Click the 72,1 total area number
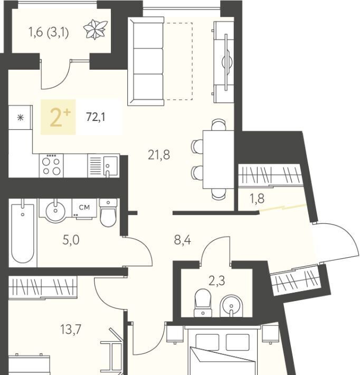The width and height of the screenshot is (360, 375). [96, 117]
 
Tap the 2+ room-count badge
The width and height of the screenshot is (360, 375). [58, 117]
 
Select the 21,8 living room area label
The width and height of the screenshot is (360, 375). [159, 155]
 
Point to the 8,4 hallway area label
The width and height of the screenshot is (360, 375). [183, 240]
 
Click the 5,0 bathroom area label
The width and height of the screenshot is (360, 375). [71, 240]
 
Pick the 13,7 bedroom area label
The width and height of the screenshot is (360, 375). [71, 330]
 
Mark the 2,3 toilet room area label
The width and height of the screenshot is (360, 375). [217, 281]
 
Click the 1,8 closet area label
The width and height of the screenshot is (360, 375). [257, 199]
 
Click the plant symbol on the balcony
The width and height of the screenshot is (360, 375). [95, 30]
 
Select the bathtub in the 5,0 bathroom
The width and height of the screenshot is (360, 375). [23, 233]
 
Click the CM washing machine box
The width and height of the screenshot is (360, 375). [84, 209]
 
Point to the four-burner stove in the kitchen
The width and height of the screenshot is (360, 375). [51, 165]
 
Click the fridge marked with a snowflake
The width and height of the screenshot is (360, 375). [20, 118]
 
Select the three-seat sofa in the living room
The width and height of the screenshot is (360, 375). [146, 61]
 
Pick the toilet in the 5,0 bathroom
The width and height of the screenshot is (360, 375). [108, 213]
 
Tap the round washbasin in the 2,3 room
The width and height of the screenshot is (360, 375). [231, 306]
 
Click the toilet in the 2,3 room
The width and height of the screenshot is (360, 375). [203, 303]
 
